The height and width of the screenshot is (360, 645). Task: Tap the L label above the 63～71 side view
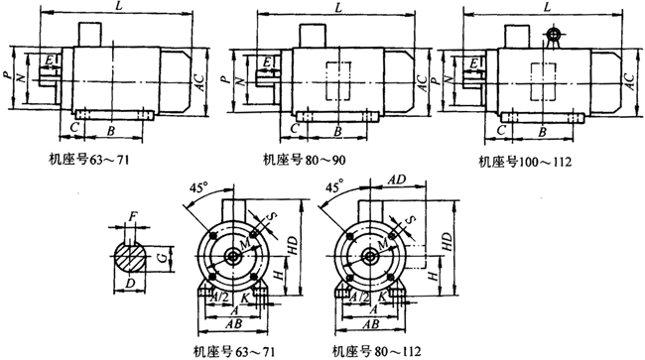[120, 8]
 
